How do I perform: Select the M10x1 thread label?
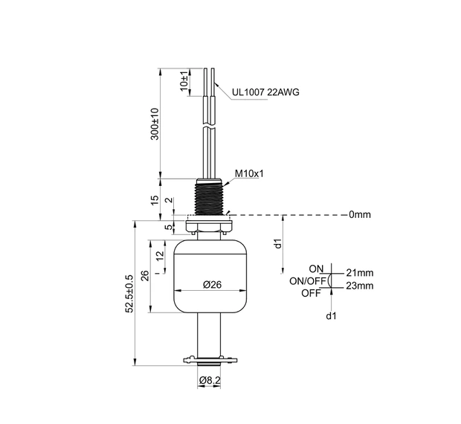tap(250, 174)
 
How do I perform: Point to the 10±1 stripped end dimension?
tap(184, 81)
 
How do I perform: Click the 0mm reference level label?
tap(359, 215)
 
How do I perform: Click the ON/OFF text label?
tap(306, 281)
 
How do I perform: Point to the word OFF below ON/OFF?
tap(311, 293)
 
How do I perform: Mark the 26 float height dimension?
tap(146, 276)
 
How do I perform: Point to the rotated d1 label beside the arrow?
tap(277, 243)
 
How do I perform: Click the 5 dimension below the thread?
tap(169, 227)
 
